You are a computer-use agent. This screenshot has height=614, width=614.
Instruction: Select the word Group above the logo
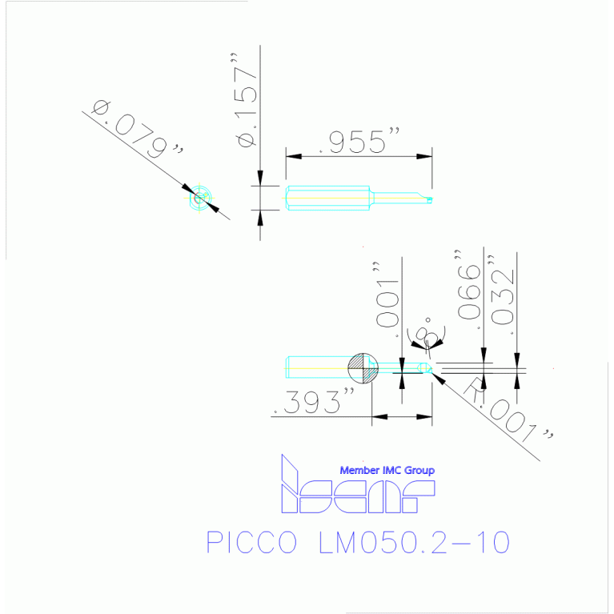click(419, 471)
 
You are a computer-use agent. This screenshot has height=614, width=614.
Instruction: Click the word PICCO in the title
click(247, 543)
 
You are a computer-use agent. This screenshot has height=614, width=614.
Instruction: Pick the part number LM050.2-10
click(413, 543)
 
